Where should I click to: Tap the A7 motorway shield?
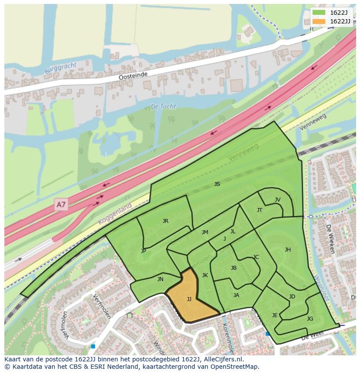pos(61,204)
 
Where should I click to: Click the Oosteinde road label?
pos(133,76)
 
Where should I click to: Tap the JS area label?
pos(217,184)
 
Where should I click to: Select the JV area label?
pos(277,200)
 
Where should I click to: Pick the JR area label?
pos(165,221)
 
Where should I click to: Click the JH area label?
pos(287,249)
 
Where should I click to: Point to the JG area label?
pos(310,318)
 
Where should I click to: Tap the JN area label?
pos(160,279)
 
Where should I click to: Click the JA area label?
pos(236,295)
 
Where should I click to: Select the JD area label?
pos(292,297)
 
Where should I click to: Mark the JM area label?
pos(205,232)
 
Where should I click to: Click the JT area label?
pos(260,210)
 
